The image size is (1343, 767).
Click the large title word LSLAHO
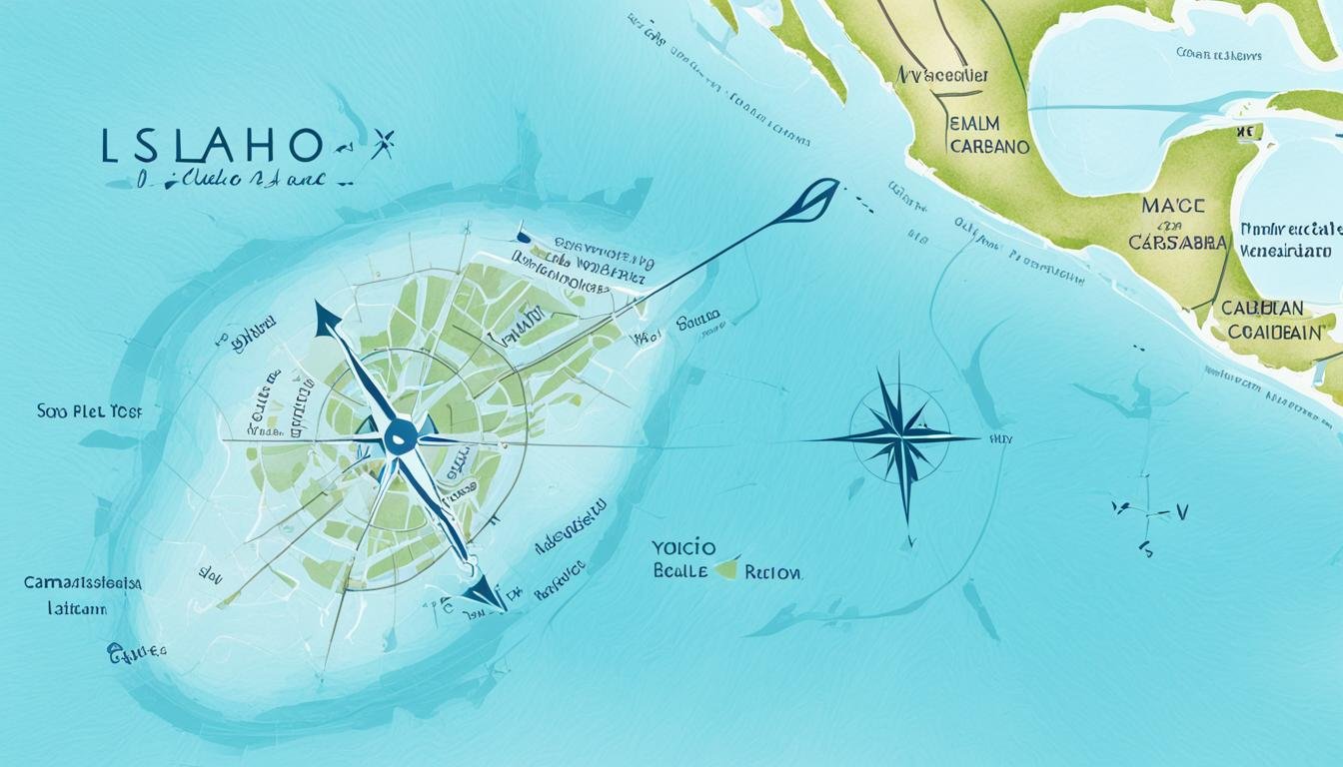[x=212, y=147]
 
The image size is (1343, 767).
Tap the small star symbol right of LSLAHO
[x=382, y=146]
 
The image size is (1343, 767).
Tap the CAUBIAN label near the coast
[x=1261, y=309]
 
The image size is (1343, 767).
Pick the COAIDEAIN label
[x=1275, y=333]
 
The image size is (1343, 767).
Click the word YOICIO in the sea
[x=684, y=548]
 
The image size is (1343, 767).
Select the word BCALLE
[x=680, y=572]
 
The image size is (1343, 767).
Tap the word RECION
[x=772, y=572]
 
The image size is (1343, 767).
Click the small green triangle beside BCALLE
[x=728, y=568]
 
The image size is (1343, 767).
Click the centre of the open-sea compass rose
[x=898, y=438]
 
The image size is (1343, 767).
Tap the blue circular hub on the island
[x=400, y=436]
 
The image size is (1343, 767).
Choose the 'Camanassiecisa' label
[x=83, y=582]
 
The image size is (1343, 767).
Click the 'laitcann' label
[x=77, y=607]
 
